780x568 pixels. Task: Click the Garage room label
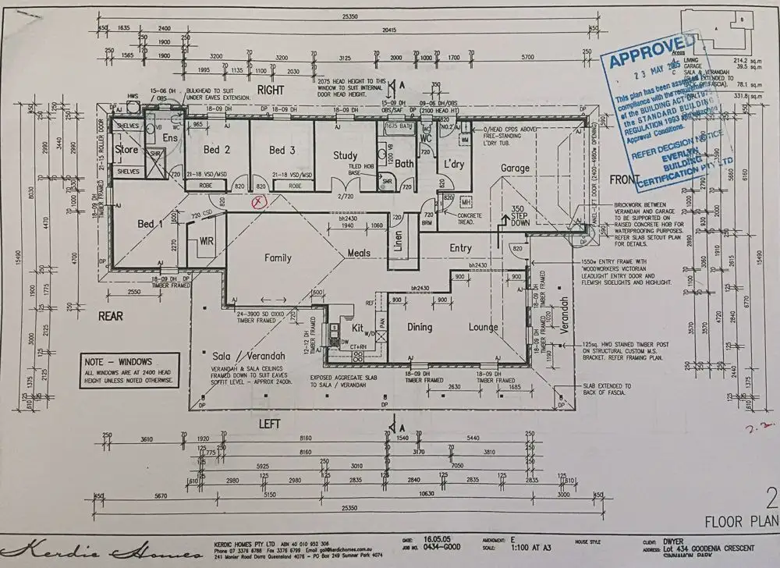point(515,168)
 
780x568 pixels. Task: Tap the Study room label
point(345,155)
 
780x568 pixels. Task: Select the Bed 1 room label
point(146,225)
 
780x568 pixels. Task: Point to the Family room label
point(278,257)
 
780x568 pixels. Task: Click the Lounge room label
point(484,328)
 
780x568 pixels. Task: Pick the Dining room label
point(420,328)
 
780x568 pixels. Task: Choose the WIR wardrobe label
point(206,242)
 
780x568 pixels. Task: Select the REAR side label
point(110,316)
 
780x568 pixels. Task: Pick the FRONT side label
point(624,179)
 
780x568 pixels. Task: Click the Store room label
point(126,149)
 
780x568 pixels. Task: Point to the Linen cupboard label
point(398,243)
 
